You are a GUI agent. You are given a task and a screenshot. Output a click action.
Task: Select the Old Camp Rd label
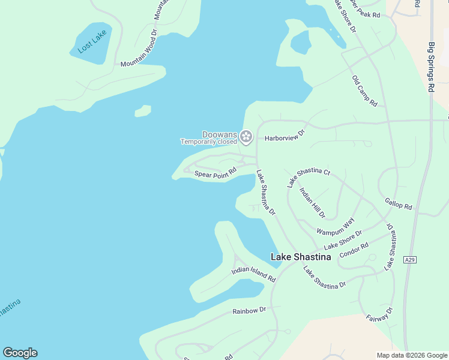coord(364,91)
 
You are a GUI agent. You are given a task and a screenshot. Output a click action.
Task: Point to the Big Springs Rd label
coord(431,66)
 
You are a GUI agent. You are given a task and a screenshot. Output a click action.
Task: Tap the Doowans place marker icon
coord(246,137)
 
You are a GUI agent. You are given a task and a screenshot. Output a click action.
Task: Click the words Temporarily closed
coord(209,142)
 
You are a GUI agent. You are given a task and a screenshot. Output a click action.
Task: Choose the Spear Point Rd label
coord(215,172)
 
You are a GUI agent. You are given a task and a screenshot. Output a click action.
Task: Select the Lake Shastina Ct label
coord(309,178)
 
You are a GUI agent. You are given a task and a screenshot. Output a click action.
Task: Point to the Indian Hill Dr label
coord(312,202)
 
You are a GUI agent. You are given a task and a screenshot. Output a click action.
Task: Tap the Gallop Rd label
coord(399,203)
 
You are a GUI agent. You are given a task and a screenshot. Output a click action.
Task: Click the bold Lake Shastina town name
coord(301,257)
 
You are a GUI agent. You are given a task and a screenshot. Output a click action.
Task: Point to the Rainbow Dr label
coord(249,311)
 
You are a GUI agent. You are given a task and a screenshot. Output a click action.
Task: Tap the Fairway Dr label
coord(379,317)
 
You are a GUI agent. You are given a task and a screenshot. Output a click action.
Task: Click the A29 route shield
coord(409,260)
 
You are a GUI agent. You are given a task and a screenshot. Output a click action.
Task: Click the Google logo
coord(20,353)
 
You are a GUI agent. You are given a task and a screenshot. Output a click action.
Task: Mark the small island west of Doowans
coord(143,111)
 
